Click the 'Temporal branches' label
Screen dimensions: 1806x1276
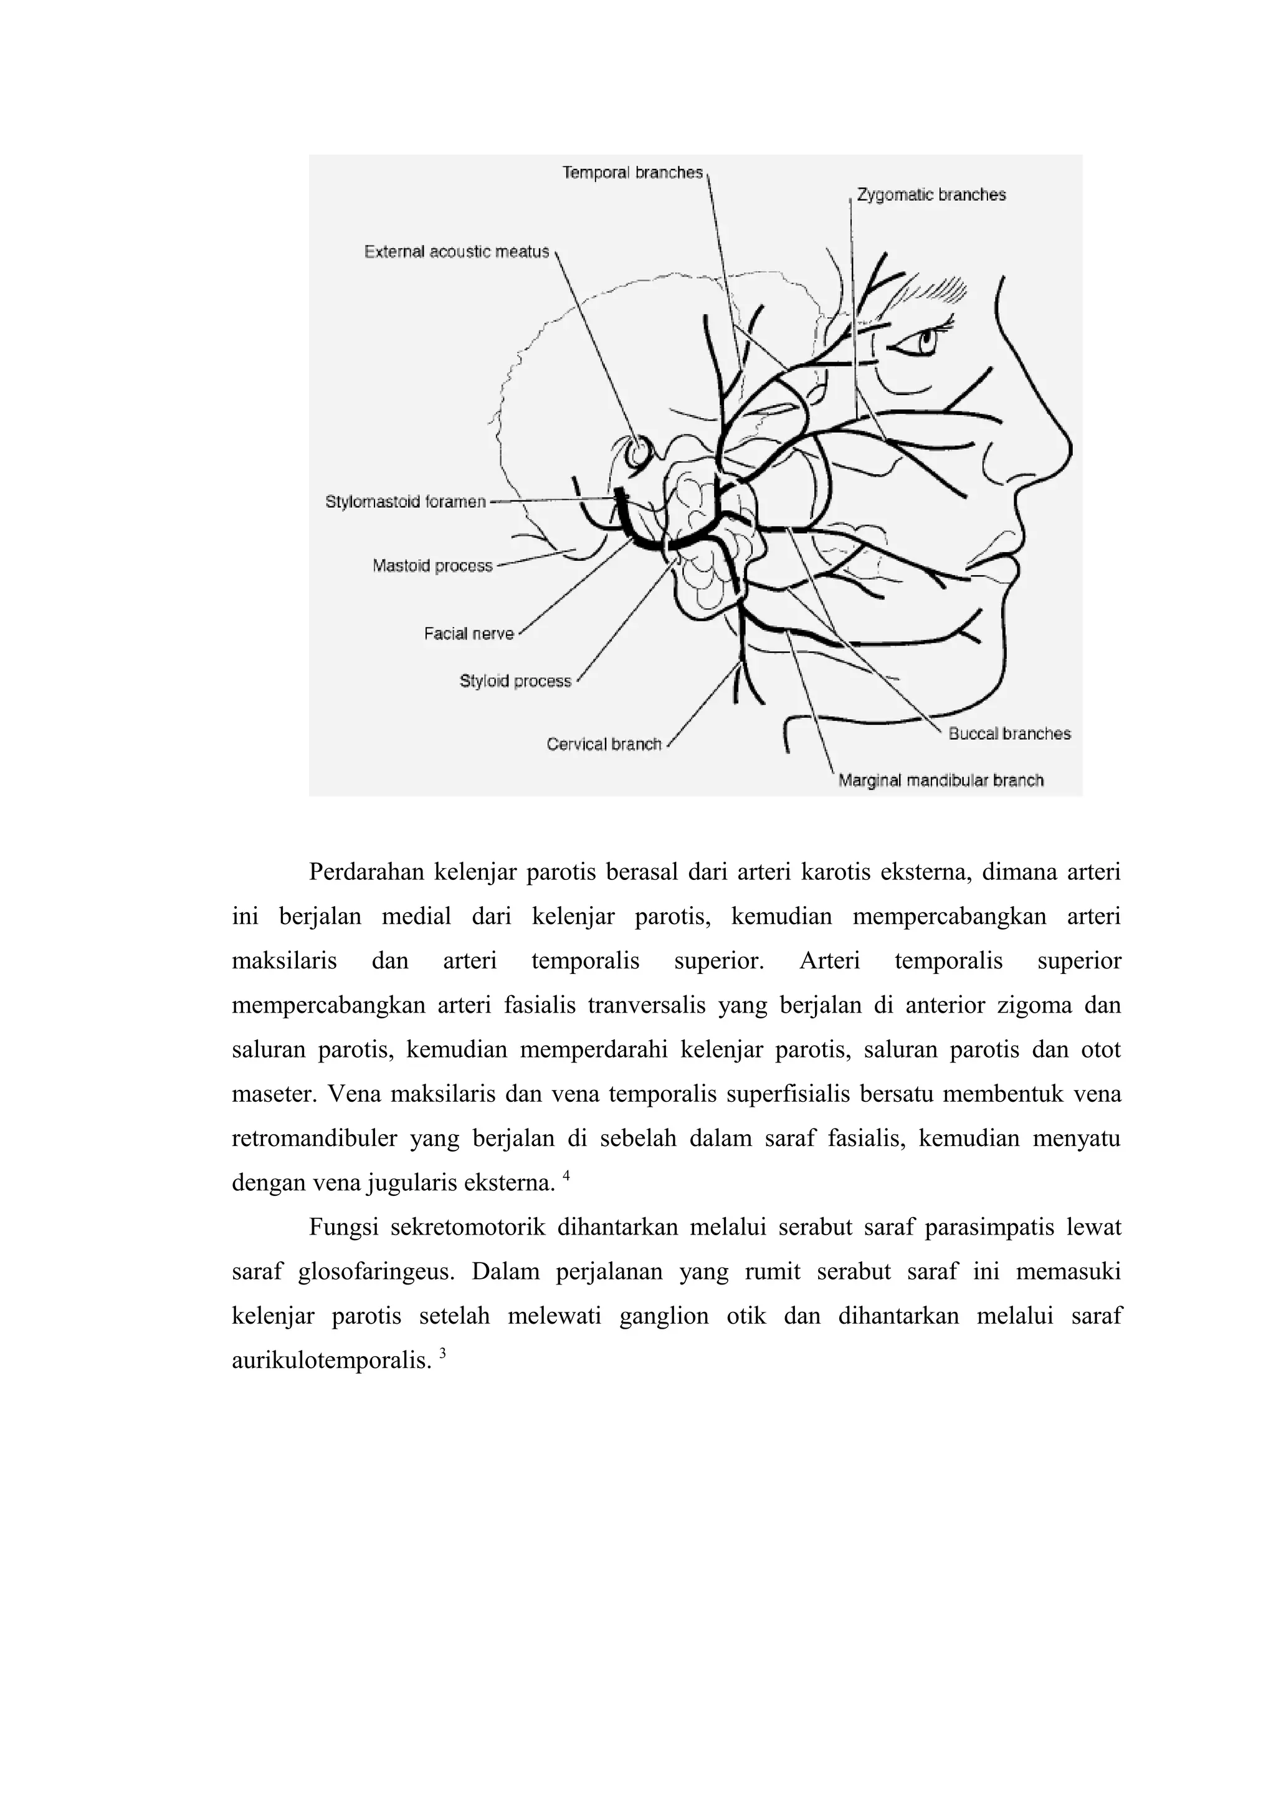click(x=632, y=172)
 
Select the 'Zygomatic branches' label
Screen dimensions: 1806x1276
click(x=931, y=194)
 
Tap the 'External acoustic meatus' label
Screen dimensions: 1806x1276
click(x=456, y=252)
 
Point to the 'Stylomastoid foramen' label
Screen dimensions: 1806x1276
click(x=406, y=502)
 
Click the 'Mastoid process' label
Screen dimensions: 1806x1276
click(x=432, y=566)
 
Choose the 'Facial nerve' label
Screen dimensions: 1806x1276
click(x=469, y=633)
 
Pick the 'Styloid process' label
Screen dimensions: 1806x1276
click(x=515, y=681)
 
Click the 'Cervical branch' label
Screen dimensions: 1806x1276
click(x=604, y=744)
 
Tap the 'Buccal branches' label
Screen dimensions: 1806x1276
click(x=1009, y=734)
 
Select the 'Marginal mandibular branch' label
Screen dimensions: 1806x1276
click(x=941, y=780)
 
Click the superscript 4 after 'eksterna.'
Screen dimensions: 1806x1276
click(x=566, y=1177)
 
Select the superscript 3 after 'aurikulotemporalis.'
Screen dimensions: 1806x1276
click(x=442, y=1354)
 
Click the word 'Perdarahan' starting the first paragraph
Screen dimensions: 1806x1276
click(x=366, y=872)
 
